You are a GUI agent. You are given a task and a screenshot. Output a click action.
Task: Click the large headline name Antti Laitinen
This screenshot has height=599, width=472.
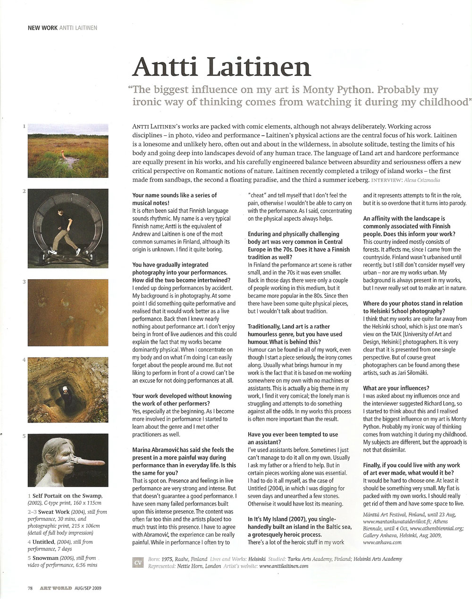(x=222, y=67)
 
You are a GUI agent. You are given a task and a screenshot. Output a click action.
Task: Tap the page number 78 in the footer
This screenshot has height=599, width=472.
(x=30, y=588)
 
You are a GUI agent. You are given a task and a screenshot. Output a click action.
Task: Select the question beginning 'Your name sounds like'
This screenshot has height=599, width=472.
(x=175, y=198)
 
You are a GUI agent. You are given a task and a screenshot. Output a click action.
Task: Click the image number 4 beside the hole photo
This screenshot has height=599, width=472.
(x=24, y=360)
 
